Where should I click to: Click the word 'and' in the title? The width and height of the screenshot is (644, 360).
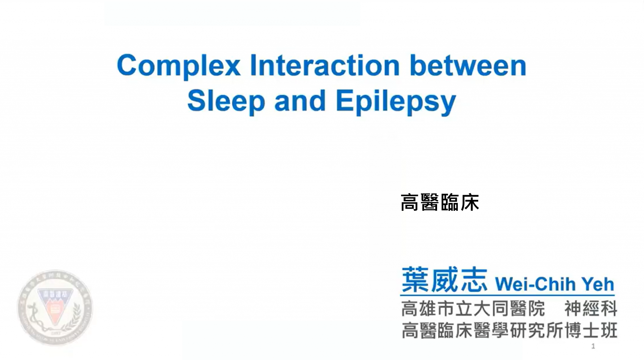tap(300, 101)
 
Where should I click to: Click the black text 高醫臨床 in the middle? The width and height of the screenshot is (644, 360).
tap(440, 202)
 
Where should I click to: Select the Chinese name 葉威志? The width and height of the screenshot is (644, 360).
tap(444, 280)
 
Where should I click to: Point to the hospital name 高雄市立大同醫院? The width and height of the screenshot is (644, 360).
tap(473, 308)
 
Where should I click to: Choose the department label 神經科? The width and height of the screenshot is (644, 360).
tap(591, 308)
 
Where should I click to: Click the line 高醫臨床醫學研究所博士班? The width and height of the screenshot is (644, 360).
tap(509, 330)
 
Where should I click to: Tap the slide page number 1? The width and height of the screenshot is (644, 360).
tap(593, 346)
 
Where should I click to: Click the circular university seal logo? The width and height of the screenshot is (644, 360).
tap(55, 307)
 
